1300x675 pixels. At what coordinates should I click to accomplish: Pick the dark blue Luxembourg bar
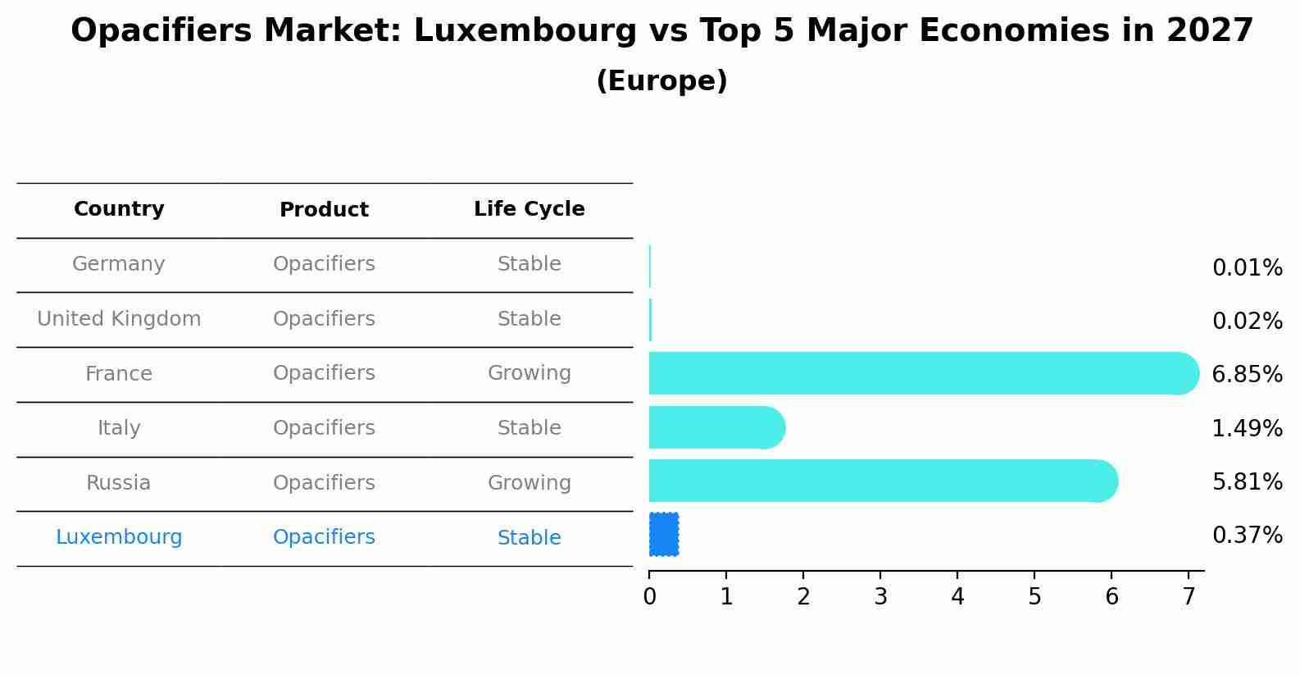click(664, 535)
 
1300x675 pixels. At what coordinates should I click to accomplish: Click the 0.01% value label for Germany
click(1247, 268)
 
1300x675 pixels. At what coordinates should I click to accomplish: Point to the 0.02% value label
click(1247, 321)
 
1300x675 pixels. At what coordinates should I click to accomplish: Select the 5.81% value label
click(1247, 481)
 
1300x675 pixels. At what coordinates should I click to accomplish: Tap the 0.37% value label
click(1247, 536)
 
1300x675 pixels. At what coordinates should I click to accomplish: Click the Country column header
click(119, 209)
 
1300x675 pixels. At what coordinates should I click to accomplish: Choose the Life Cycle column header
click(529, 209)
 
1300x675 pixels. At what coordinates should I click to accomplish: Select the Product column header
click(324, 210)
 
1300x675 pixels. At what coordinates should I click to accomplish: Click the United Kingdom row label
click(119, 319)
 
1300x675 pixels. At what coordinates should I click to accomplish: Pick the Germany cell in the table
click(119, 264)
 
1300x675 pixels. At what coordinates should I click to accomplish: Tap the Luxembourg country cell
click(119, 537)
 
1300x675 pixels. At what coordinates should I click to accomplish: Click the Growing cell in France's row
click(529, 373)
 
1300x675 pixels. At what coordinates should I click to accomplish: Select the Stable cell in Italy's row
click(529, 428)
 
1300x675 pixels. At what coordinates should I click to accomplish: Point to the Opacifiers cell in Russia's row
click(324, 483)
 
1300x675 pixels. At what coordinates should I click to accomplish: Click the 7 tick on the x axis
click(1189, 597)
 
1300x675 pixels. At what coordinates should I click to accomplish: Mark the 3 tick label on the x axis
click(880, 597)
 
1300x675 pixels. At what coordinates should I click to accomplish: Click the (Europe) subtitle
click(661, 81)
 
